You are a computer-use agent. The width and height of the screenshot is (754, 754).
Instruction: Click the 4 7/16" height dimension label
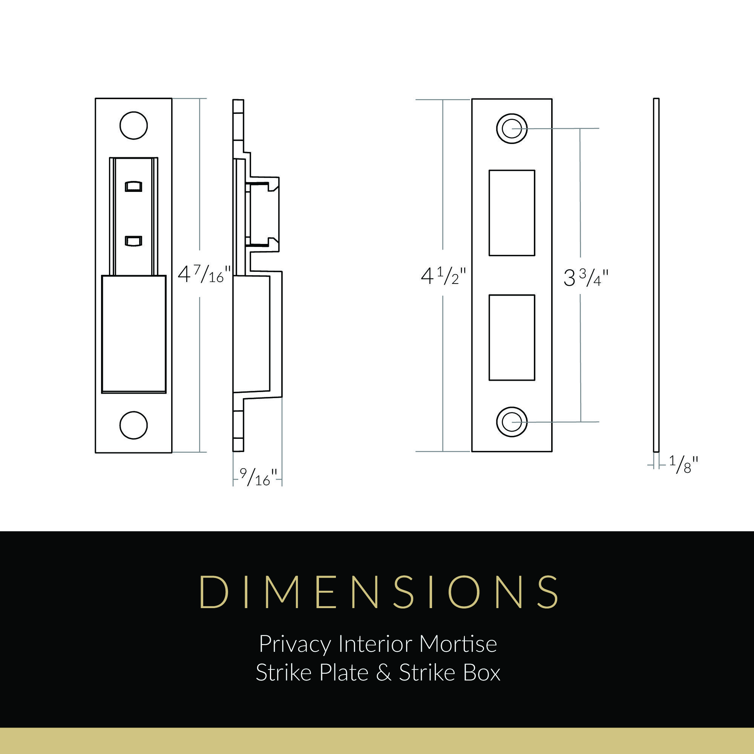(204, 274)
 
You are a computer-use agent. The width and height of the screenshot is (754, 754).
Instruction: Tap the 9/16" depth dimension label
(258, 477)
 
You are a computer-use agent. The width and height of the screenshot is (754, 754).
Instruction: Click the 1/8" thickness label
(684, 465)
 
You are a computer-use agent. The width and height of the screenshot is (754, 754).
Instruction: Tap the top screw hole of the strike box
(133, 126)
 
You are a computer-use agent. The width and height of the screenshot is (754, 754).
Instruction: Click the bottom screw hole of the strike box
(133, 425)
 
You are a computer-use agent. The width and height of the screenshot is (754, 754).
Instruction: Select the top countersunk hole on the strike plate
(511, 128)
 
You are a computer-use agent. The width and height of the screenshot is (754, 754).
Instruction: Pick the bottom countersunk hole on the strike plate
(511, 422)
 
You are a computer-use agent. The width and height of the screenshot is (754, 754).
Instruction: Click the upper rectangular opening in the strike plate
(512, 213)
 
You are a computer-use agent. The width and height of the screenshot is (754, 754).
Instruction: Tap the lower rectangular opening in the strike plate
(512, 337)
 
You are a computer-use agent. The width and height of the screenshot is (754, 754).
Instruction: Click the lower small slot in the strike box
(133, 241)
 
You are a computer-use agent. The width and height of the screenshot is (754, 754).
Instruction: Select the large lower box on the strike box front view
(133, 334)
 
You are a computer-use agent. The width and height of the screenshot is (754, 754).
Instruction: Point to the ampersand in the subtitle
(384, 673)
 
